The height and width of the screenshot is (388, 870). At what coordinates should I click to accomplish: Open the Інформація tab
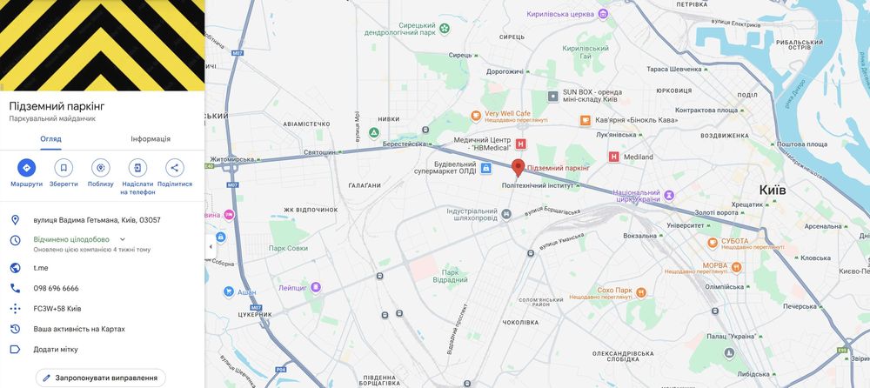click(151, 139)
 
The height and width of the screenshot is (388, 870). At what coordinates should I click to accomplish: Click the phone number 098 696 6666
click(57, 288)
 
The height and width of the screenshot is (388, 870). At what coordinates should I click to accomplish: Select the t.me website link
click(41, 268)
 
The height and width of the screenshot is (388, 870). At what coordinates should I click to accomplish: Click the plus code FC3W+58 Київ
click(57, 309)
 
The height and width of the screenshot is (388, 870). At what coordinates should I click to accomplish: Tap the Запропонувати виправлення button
click(100, 378)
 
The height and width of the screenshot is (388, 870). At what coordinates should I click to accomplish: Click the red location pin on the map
click(518, 167)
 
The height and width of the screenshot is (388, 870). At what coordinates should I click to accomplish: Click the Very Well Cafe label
click(507, 114)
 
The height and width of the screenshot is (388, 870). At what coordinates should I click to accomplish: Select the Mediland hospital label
click(638, 157)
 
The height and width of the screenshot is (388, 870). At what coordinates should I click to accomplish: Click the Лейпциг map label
click(293, 287)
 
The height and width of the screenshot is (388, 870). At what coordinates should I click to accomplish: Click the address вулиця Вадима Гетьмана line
click(97, 220)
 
